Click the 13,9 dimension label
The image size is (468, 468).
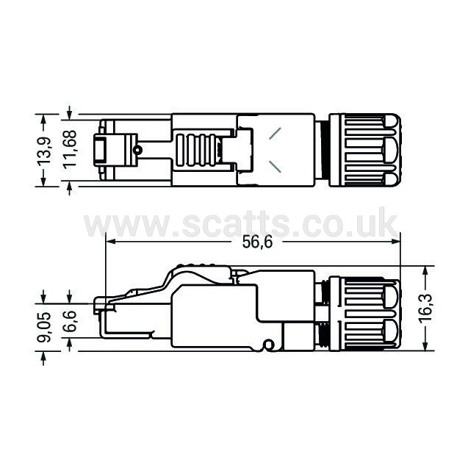click(x=44, y=151)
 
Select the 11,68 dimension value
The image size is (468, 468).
click(x=70, y=150)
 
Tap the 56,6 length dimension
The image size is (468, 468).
click(x=257, y=242)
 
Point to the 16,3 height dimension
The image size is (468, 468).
click(x=425, y=308)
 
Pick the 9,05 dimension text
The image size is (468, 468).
click(x=44, y=327)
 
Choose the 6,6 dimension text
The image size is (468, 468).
click(x=70, y=321)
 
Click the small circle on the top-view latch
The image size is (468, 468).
click(x=137, y=150)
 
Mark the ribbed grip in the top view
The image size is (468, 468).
click(x=196, y=150)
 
